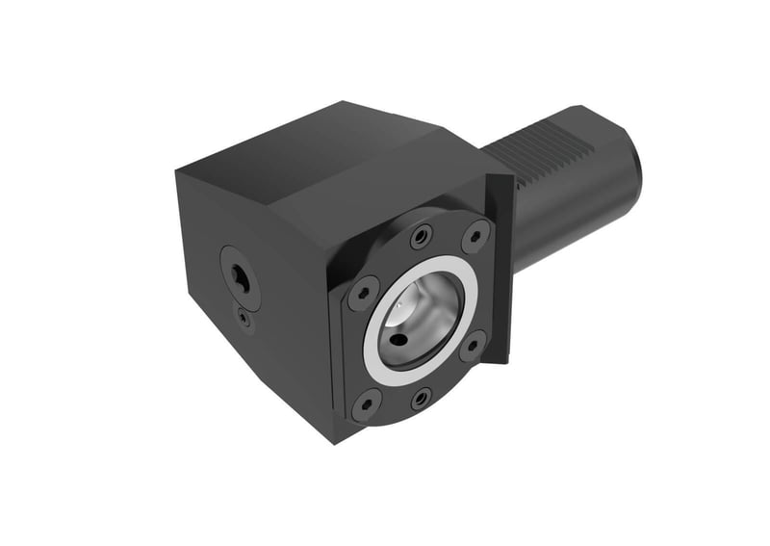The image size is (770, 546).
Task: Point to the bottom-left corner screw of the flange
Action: [x=366, y=403]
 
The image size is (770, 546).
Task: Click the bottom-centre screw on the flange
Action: [x=421, y=397]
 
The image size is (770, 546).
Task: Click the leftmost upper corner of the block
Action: [x=177, y=172]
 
